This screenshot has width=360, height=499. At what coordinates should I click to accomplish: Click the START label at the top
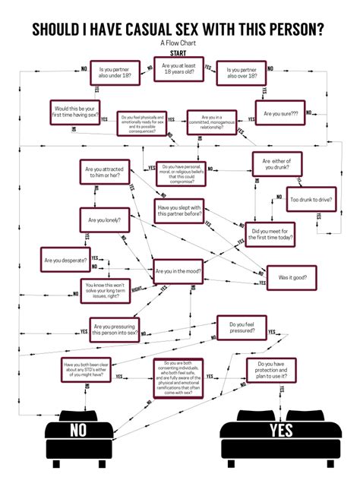tap(180, 54)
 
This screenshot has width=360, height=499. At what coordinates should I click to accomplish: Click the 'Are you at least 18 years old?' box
tap(180, 71)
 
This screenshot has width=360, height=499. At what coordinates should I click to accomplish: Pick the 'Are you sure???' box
tap(279, 114)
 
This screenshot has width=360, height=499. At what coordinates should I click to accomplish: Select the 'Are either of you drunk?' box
tap(277, 165)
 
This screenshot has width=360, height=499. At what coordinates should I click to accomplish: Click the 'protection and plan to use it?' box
tap(270, 372)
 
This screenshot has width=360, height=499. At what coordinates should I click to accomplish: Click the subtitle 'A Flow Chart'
tap(180, 43)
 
